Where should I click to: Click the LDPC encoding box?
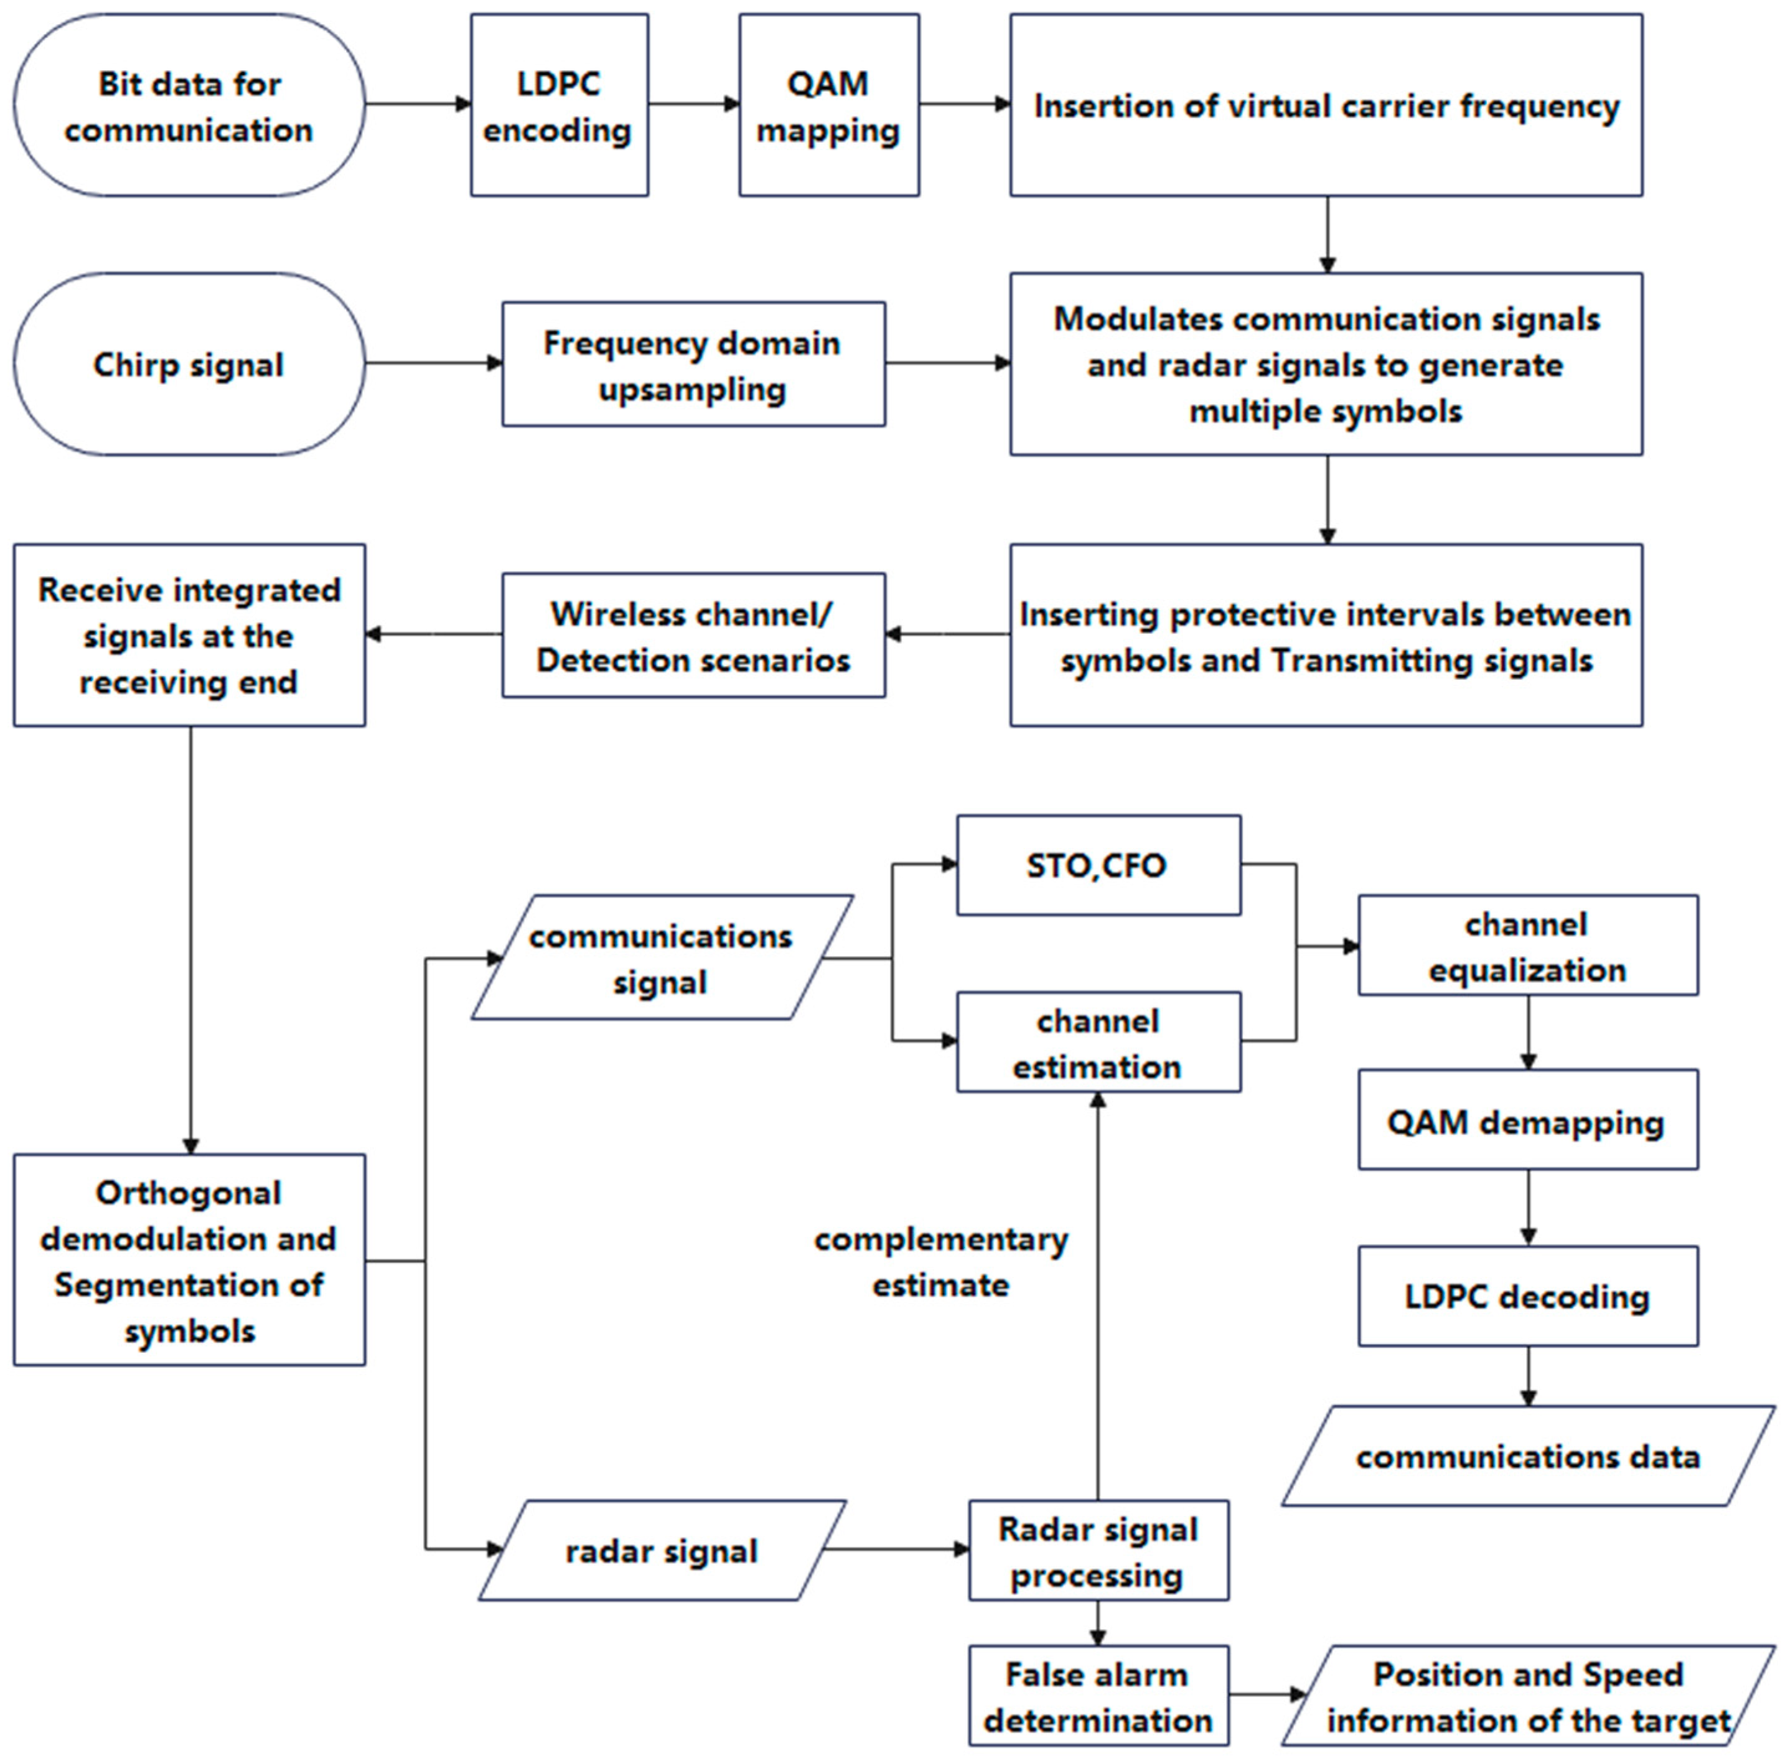560,105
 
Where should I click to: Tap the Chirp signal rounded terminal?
189,364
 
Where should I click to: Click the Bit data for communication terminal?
189,105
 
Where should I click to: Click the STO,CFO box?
1098,865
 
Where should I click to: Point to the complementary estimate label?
940,1261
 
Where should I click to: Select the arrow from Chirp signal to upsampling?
433,364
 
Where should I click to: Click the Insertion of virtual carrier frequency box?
1326,105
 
